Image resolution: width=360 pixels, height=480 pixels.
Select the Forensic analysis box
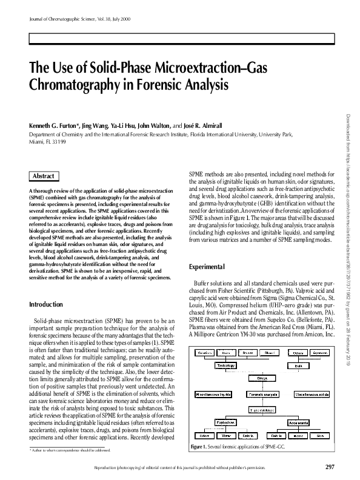[263, 393]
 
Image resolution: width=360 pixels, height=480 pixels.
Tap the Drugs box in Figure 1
[262, 378]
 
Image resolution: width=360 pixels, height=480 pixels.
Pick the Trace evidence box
[262, 410]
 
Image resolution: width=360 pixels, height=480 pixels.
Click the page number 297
[330, 466]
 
